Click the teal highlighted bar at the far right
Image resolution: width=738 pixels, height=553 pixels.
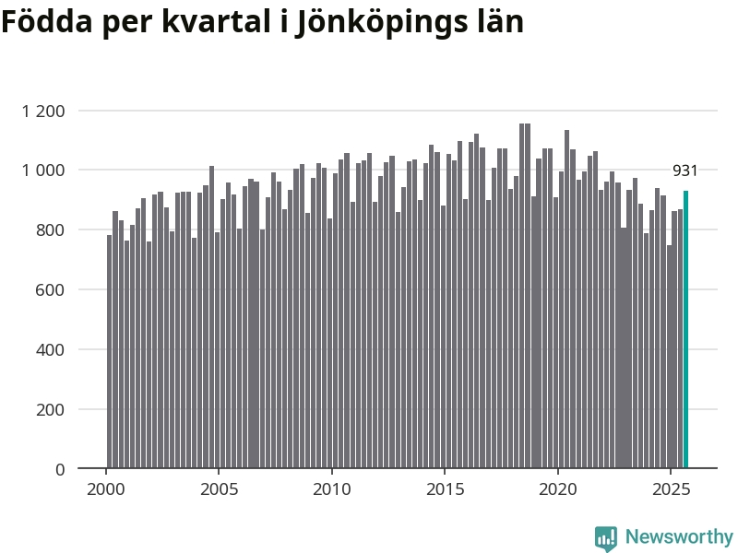(x=685, y=329)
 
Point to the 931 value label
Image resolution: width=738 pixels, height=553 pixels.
(x=684, y=171)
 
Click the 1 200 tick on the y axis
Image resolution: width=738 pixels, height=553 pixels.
(x=43, y=112)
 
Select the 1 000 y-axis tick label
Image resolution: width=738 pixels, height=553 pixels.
(x=43, y=171)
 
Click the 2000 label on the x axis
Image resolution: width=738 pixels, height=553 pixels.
(x=106, y=488)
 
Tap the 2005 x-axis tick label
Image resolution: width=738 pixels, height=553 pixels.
(x=220, y=488)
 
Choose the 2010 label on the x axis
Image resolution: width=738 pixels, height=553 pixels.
(x=332, y=488)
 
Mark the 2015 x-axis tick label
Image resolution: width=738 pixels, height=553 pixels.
(x=446, y=488)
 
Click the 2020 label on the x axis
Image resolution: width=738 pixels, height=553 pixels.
(x=558, y=488)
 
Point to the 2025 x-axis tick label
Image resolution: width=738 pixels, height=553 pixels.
(x=672, y=488)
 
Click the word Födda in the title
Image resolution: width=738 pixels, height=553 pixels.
(x=46, y=21)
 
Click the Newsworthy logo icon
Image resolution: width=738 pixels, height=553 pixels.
(x=606, y=538)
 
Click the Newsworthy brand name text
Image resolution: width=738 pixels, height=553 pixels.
(x=679, y=537)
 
